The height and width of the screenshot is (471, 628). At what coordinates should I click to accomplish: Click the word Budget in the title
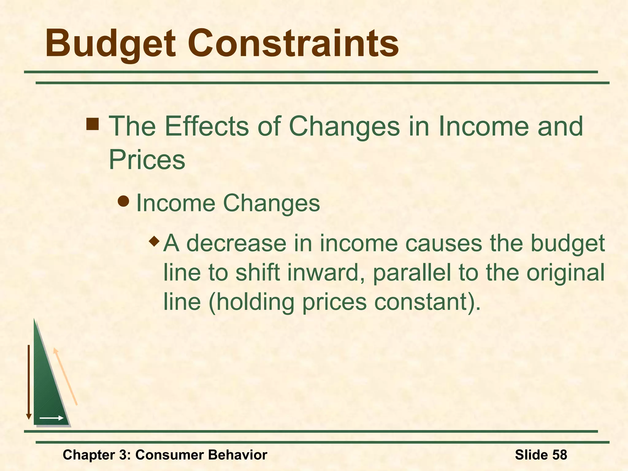click(x=110, y=44)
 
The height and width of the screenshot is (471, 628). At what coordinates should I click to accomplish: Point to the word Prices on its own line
click(x=147, y=160)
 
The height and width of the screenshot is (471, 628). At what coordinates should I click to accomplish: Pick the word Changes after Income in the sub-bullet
click(x=271, y=203)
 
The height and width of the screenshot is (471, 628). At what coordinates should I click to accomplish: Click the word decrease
click(x=236, y=243)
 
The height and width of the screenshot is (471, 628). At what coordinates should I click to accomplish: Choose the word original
click(x=565, y=273)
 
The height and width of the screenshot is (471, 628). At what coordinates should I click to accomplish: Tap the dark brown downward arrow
click(x=29, y=382)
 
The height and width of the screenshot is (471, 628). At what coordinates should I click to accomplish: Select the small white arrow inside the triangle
click(x=52, y=418)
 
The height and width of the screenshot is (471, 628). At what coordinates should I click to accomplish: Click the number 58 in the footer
click(x=559, y=454)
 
